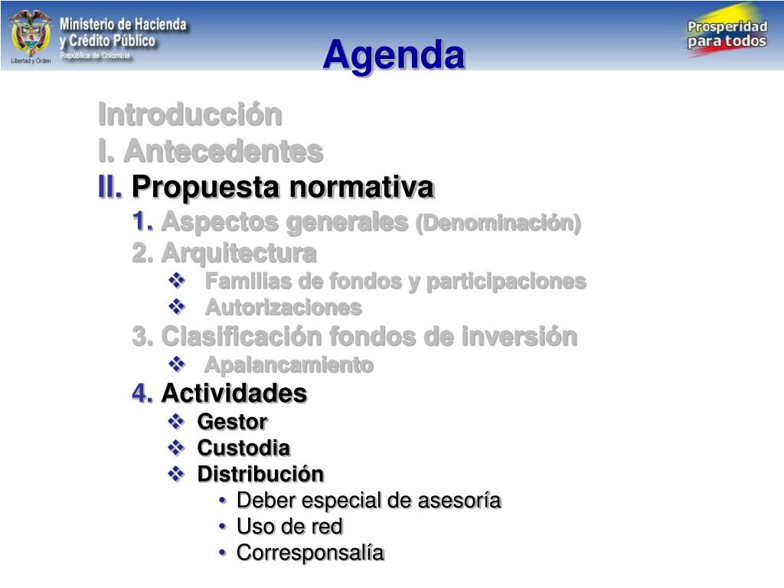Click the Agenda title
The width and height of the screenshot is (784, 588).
point(394,56)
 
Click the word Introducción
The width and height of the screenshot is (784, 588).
point(190,115)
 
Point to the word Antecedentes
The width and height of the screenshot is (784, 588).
point(224,151)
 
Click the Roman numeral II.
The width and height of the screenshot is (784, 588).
point(110,187)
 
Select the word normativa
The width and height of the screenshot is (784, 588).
point(362,187)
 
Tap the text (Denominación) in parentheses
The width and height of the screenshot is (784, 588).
point(498,223)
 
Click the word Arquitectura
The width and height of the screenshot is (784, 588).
point(239,253)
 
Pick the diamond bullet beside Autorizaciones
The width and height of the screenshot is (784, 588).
point(177,306)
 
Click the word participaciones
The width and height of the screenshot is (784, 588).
point(506,282)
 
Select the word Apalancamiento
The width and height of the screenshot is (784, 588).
point(289,364)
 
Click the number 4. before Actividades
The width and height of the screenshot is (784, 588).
point(142,393)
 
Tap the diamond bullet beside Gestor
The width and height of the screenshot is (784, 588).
point(176,421)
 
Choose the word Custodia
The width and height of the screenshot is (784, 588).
point(243,447)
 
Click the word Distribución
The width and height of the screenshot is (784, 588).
point(260,474)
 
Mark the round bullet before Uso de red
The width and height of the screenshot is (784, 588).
point(223,526)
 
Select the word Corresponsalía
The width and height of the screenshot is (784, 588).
point(310,553)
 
